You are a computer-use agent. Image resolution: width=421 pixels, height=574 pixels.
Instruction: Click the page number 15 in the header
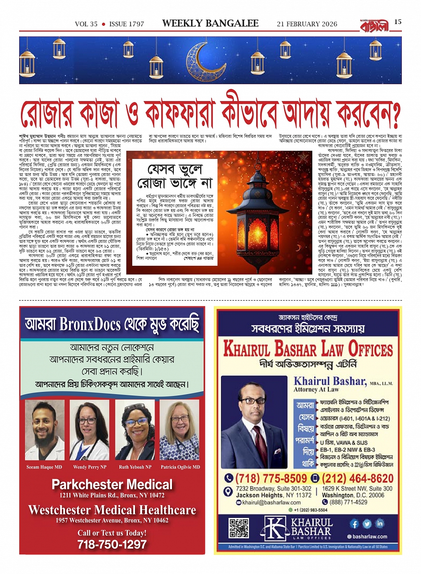[398, 21]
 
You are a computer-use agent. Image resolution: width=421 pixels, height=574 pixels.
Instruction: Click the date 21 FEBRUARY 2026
[307, 24]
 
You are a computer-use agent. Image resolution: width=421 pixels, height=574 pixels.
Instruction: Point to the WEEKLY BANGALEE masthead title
[210, 24]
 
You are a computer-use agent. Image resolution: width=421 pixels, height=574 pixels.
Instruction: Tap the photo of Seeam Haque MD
[45, 430]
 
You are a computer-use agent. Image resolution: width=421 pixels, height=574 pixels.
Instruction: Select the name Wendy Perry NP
[90, 467]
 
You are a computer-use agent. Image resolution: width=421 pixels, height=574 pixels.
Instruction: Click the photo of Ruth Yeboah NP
[135, 430]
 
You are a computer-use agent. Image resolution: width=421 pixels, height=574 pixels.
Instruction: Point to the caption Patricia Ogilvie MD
[180, 467]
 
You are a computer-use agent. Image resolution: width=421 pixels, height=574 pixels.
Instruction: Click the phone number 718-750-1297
[112, 544]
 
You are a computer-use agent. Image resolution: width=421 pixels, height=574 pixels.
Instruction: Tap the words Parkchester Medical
[112, 484]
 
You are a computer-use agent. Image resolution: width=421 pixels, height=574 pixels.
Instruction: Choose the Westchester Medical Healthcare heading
[112, 510]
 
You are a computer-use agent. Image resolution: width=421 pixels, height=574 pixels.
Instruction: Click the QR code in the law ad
[239, 528]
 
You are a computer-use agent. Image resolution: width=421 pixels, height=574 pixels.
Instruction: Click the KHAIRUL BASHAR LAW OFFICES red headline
[308, 349]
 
